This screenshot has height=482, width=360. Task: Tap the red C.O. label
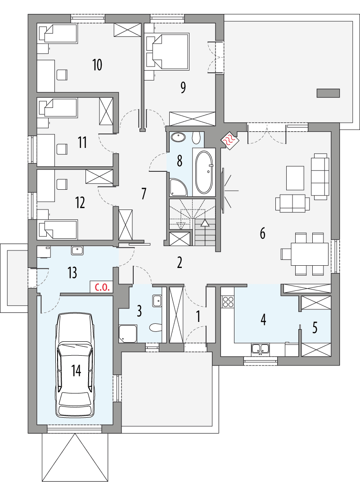point(100,287)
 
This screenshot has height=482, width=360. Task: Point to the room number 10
point(97,65)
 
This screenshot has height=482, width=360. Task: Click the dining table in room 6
point(310,254)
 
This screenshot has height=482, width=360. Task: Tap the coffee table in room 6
point(295,178)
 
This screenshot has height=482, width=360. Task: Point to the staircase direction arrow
point(205,223)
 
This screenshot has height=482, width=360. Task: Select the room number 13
point(72,272)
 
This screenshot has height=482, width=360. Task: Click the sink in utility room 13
point(76,250)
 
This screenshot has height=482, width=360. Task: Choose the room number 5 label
point(315,328)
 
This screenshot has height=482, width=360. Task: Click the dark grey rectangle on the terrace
point(328,93)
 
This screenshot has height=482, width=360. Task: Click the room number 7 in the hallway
point(144,194)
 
